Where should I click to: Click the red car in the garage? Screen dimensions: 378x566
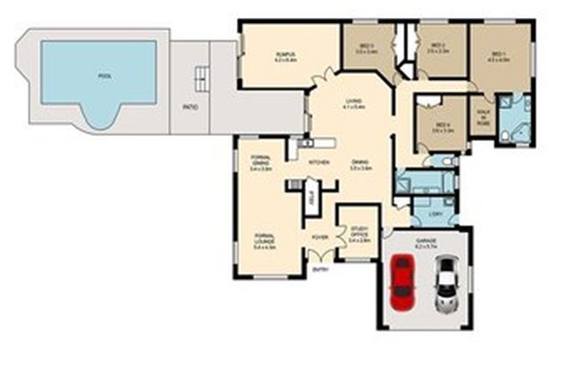pos(401,283)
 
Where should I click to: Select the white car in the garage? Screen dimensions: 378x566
pos(444,284)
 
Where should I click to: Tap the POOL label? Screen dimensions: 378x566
pos(105,76)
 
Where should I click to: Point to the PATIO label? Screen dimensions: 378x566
pos(190,107)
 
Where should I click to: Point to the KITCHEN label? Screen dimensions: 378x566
pos(319,162)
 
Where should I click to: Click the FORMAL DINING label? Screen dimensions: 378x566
pos(261,162)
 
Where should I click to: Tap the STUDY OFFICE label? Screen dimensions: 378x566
pos(359,230)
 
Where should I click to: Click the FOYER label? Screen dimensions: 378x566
pos(320,235)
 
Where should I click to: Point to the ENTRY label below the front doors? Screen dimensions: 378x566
pos(322,269)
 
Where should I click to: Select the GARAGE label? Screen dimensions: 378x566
pos(425,241)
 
